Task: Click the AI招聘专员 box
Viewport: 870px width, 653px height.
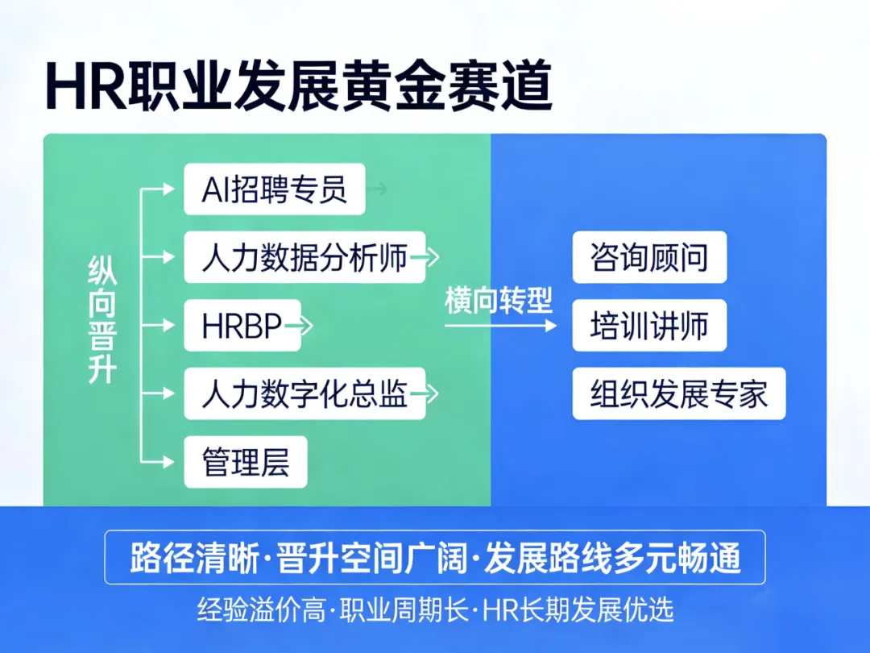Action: coord(274,189)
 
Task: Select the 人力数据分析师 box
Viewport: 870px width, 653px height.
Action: coord(304,257)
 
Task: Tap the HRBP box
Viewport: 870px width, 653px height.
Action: coord(242,326)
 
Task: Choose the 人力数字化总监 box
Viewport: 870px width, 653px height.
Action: coord(304,394)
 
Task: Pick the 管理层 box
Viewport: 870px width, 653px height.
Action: coord(246,462)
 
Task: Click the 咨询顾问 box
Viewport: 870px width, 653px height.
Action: coord(649,257)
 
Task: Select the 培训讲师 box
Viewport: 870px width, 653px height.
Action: coord(649,326)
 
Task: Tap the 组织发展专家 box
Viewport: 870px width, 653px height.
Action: coord(678,394)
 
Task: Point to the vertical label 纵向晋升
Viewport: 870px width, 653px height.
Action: coord(102,321)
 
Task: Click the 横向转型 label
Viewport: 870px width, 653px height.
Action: coord(499,301)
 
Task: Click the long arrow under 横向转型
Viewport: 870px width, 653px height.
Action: coord(499,326)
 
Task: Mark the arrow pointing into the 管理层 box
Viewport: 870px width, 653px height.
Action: coord(160,462)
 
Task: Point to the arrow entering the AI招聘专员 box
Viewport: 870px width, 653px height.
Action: coord(160,189)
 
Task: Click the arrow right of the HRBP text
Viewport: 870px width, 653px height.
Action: coord(299,326)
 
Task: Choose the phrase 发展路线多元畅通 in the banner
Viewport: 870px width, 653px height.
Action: coord(612,559)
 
